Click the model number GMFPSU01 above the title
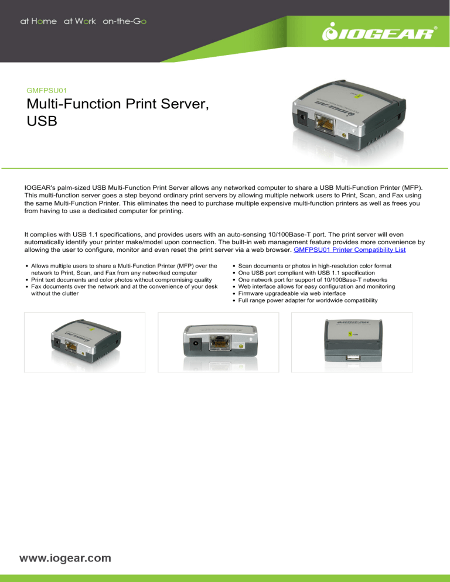47,91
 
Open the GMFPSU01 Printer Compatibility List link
350,249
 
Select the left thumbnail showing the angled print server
84,342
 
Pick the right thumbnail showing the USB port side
351,342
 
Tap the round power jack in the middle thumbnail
193,343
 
